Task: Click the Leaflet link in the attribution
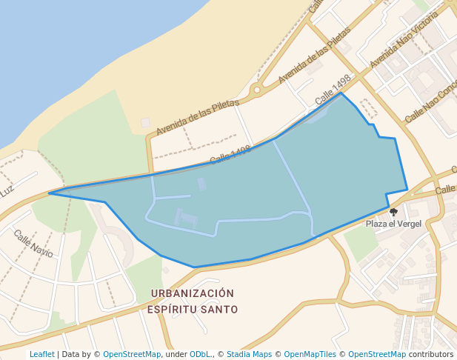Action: pyautogui.click(x=41, y=355)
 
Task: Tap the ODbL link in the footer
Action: pyautogui.click(x=200, y=355)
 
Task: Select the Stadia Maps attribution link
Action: pyautogui.click(x=249, y=355)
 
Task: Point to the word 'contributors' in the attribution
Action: pyautogui.click(x=430, y=355)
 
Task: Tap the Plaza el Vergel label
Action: pyautogui.click(x=393, y=224)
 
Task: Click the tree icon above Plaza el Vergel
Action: pyautogui.click(x=393, y=212)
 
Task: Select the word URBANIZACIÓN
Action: pyautogui.click(x=192, y=293)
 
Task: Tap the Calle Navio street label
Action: pyautogui.click(x=33, y=243)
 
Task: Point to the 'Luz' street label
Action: pyautogui.click(x=7, y=191)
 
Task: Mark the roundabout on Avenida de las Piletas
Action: pyautogui.click(x=257, y=90)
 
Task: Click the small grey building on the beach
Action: pyautogui.click(x=145, y=122)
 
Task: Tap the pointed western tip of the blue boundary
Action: pyautogui.click(x=50, y=193)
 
